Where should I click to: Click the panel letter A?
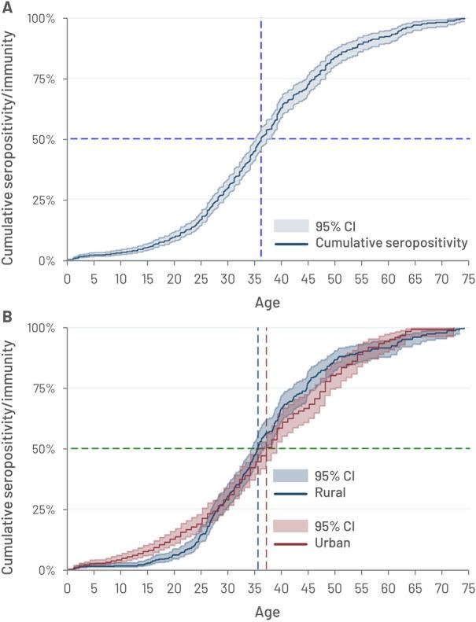7,8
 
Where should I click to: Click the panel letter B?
7,317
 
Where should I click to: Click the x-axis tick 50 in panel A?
334,278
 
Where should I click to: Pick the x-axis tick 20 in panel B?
174,587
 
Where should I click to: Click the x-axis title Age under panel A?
267,300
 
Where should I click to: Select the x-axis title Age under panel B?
267,610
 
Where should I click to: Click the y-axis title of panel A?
11,139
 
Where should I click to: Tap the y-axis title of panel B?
11,449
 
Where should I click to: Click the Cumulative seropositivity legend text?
391,245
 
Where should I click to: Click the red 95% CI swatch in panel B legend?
289,525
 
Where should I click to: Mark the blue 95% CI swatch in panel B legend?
289,475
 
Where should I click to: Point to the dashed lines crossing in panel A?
261,139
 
